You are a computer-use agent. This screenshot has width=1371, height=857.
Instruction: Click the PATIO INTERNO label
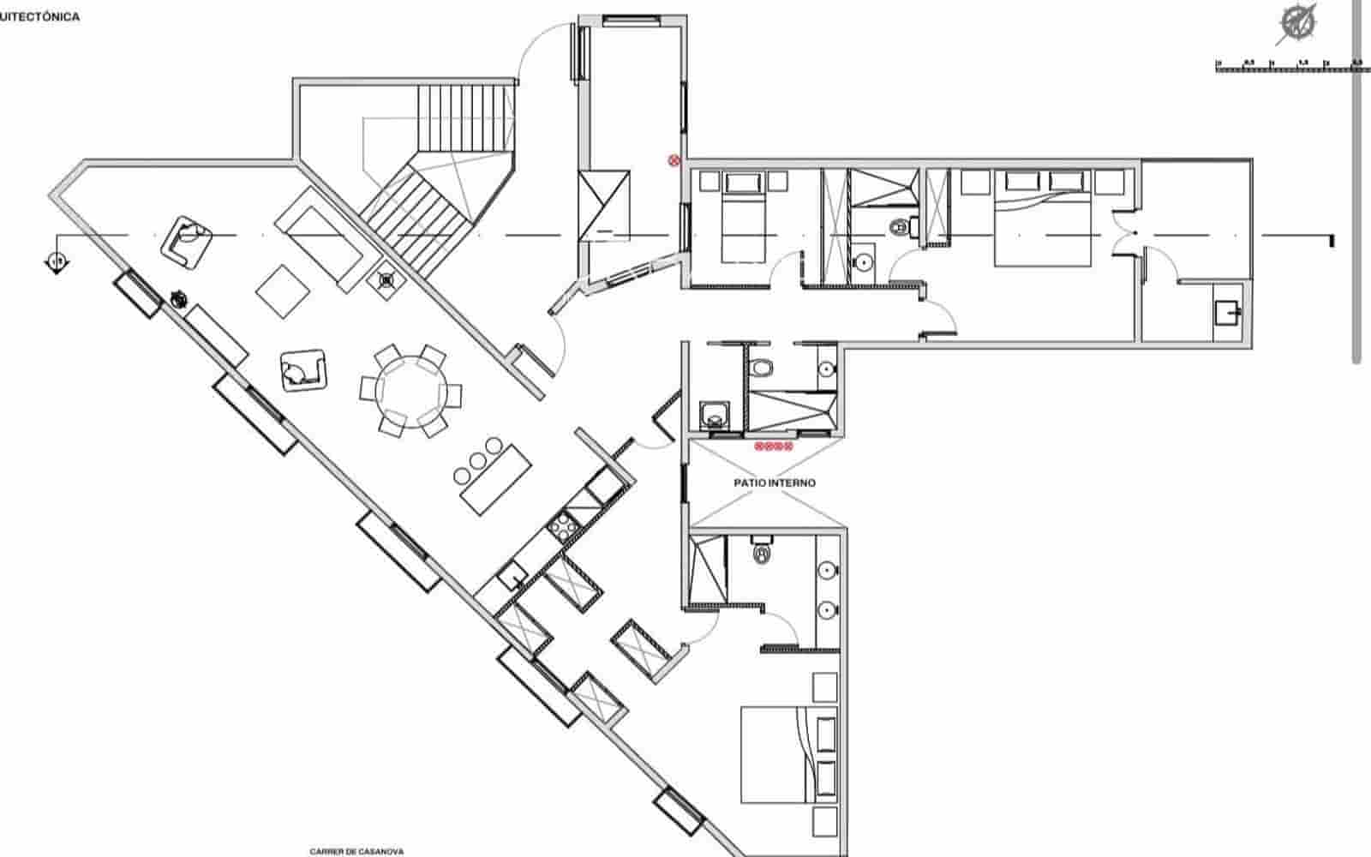point(775,483)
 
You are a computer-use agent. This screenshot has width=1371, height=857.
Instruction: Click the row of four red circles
point(774,446)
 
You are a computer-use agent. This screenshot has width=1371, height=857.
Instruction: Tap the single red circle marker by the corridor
point(674,159)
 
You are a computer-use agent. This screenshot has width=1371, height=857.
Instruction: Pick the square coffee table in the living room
point(283,291)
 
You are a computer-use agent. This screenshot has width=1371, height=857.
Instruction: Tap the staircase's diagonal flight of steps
point(416,214)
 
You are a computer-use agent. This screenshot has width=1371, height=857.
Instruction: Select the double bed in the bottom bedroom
point(775,754)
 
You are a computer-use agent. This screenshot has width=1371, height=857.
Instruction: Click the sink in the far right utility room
point(1227,314)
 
